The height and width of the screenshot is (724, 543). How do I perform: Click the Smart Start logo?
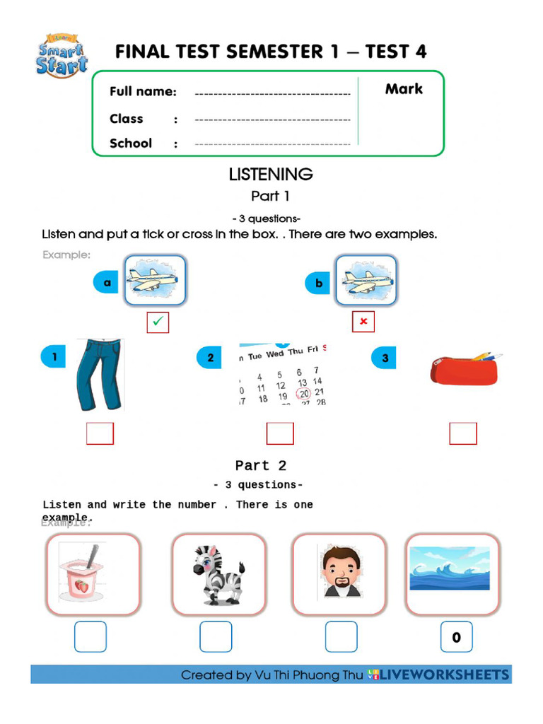point(62,56)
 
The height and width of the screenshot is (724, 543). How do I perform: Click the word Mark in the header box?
point(404,89)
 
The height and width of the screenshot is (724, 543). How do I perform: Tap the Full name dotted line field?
point(272,93)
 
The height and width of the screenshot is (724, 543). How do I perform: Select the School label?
point(131,144)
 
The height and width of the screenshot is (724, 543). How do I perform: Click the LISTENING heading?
point(271,174)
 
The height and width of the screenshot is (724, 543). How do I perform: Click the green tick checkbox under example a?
point(158,322)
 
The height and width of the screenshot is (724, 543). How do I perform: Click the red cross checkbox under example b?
point(363,322)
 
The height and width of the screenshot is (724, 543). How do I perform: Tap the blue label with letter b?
point(318,284)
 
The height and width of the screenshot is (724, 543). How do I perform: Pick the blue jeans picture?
point(98,375)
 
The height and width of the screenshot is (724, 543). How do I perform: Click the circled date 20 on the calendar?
point(303,394)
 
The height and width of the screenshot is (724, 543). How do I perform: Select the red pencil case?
point(465,369)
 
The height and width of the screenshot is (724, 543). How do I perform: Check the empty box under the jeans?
point(100,433)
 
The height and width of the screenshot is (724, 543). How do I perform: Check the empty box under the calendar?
point(280,433)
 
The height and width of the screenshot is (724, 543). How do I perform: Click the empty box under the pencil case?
point(463,433)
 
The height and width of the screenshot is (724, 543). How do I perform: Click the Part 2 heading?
point(261,465)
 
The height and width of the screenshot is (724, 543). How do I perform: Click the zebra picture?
point(218,574)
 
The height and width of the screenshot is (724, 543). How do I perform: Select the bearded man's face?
point(341,573)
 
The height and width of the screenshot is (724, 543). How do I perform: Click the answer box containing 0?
point(456,637)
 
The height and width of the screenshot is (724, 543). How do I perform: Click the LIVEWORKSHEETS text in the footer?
point(445,675)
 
